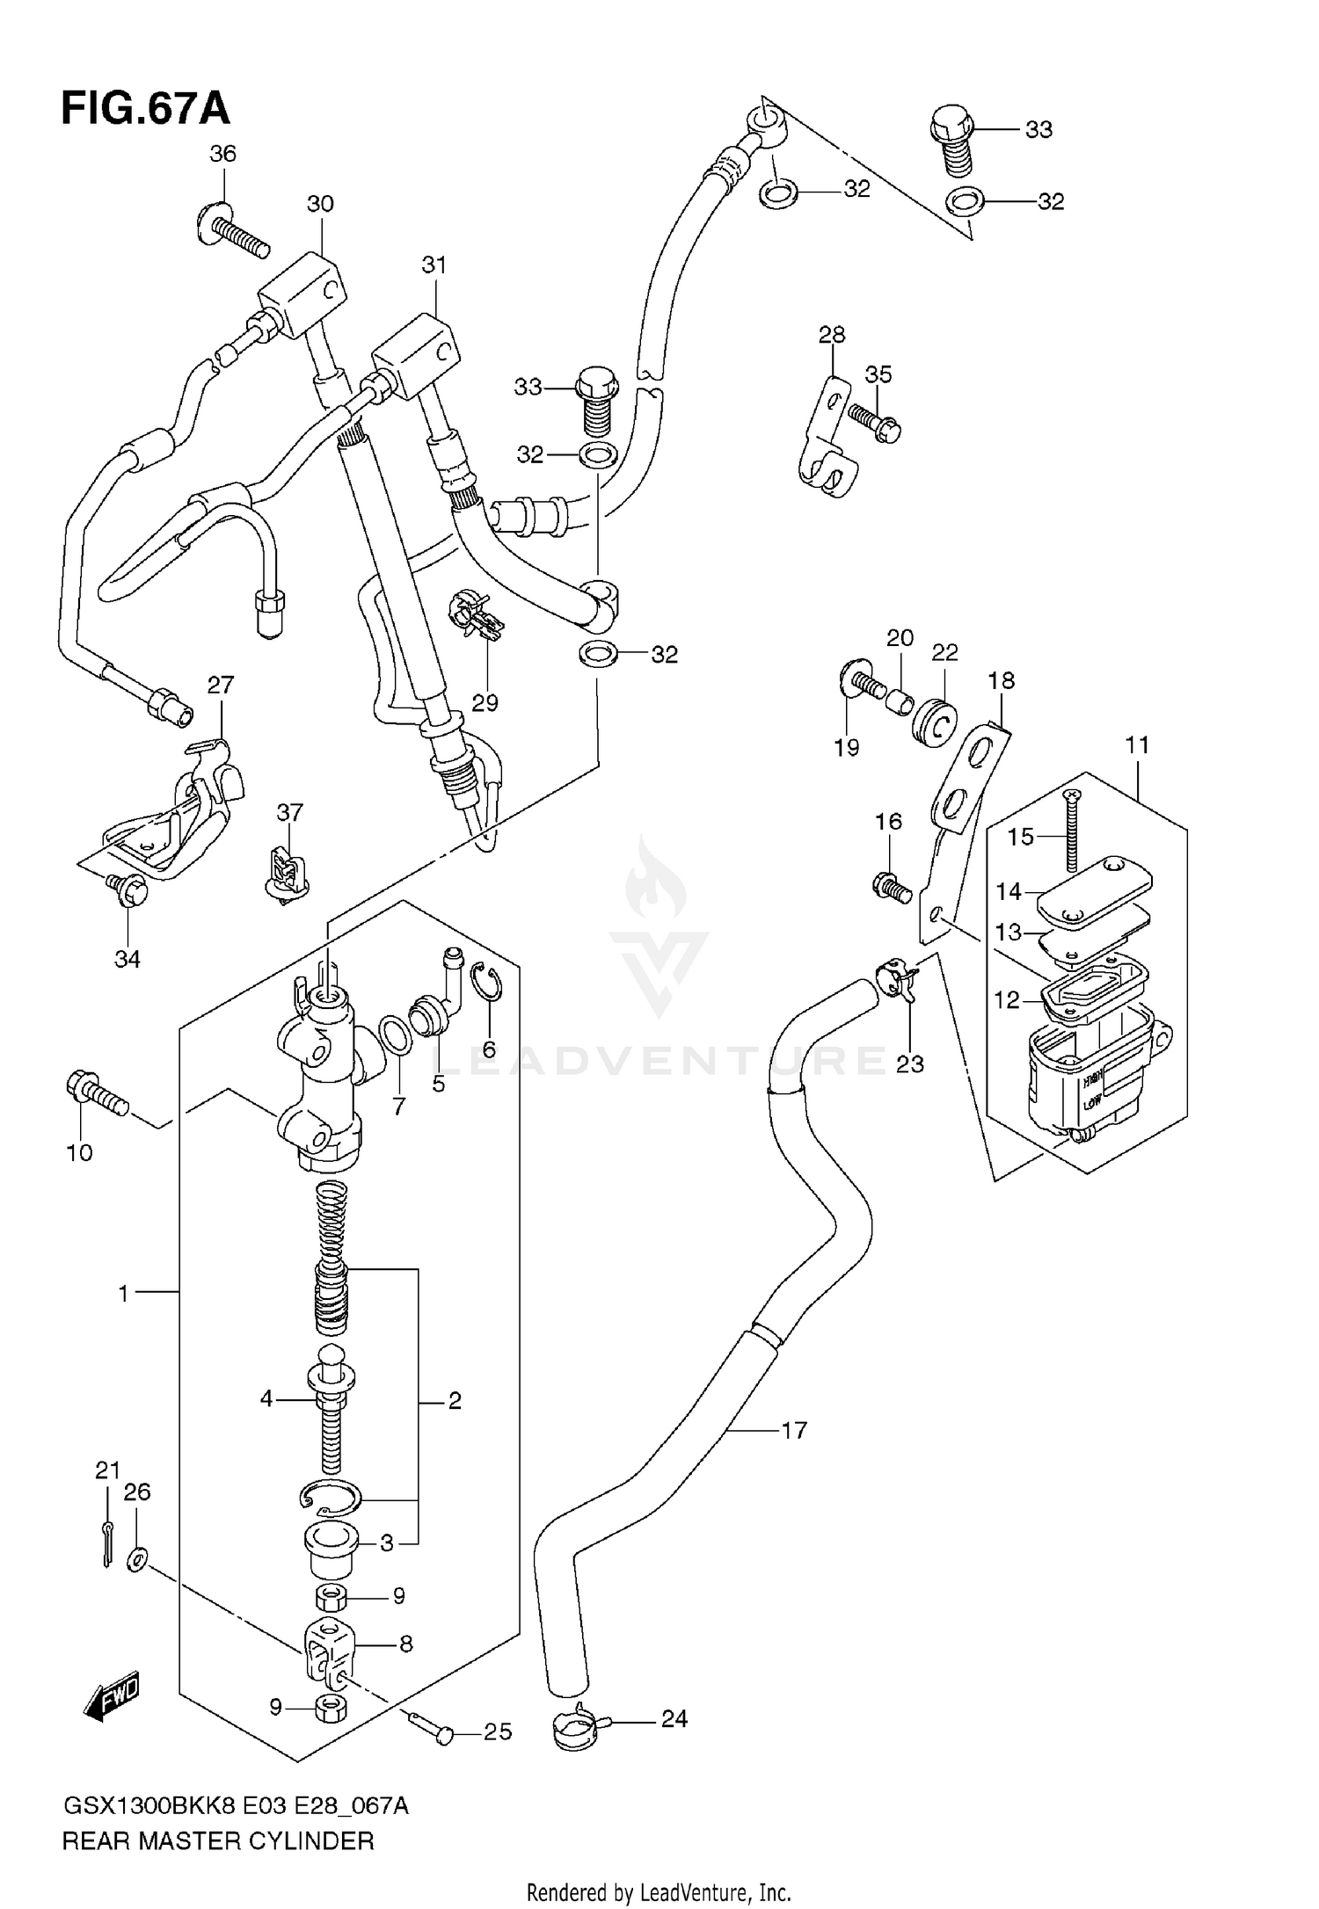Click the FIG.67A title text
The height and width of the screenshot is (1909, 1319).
point(146,110)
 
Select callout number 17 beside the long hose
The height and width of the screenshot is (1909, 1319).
point(793,1431)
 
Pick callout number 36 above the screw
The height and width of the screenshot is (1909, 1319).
point(222,155)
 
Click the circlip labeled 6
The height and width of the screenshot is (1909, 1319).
point(485,983)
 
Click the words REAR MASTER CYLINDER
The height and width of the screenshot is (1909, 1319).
point(218,1841)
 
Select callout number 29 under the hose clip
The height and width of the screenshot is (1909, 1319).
point(485,703)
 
